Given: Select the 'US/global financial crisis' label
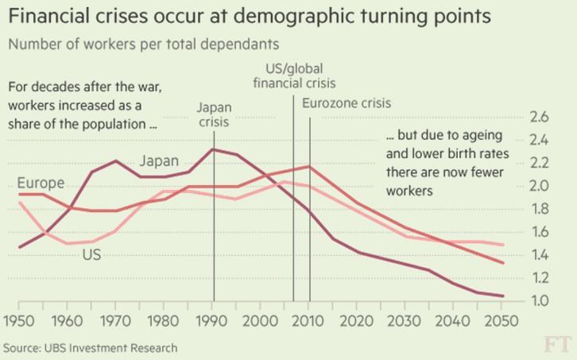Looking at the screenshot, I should click(294, 75).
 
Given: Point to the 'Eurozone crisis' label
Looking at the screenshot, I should click(347, 103).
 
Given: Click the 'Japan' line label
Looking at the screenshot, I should click(159, 161).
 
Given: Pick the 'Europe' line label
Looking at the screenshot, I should click(41, 184).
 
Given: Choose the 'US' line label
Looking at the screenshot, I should click(91, 255).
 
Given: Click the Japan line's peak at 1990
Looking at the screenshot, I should click(213, 149).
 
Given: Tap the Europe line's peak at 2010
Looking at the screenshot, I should click(309, 166).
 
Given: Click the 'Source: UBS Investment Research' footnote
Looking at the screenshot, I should click(90, 348).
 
